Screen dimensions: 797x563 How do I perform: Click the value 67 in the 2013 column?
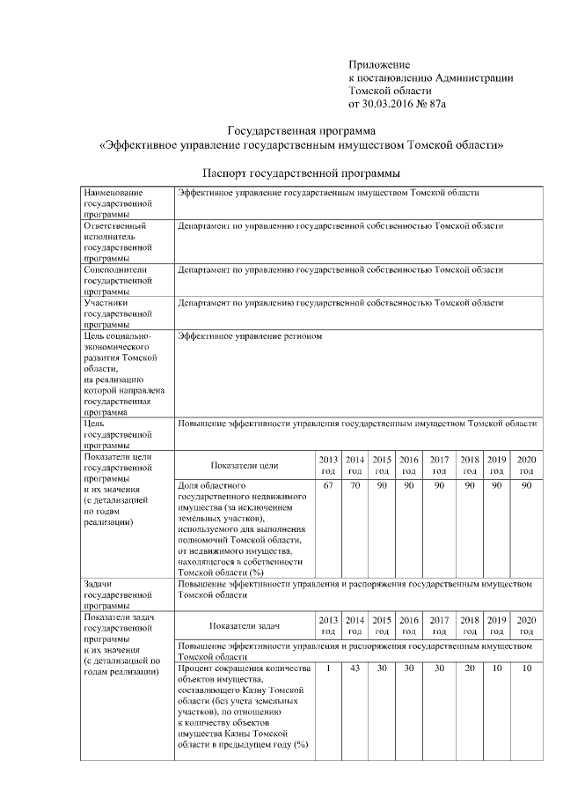pos(328,485)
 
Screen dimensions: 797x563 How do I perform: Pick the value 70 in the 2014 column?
pos(355,485)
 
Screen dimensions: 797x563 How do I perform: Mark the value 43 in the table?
pos(355,669)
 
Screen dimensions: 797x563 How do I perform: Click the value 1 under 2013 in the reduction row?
pos(328,669)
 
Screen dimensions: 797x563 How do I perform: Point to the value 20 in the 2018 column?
pos(470,669)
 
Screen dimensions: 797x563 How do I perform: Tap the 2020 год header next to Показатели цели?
pos(525,465)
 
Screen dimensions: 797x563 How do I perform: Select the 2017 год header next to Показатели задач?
pos(439,625)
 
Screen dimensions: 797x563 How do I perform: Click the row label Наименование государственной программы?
pos(115,203)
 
